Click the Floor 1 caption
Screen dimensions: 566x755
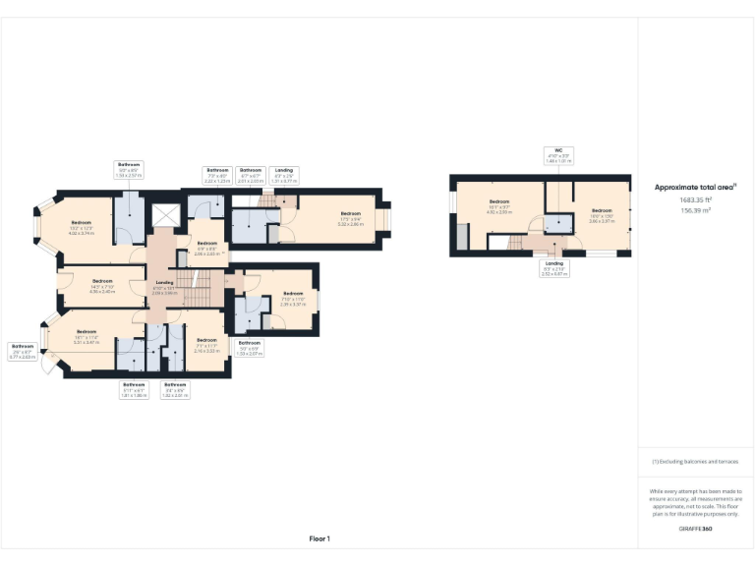tap(319, 538)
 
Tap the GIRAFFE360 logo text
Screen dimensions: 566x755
tap(696, 530)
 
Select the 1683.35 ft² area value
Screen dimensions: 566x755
tap(696, 200)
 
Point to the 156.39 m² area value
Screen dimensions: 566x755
tap(696, 209)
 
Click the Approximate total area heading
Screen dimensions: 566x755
tap(696, 187)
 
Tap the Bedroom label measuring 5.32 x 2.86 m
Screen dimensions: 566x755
tap(350, 219)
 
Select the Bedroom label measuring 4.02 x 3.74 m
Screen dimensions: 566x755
tap(81, 229)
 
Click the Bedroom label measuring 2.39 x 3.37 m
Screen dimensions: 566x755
tap(293, 299)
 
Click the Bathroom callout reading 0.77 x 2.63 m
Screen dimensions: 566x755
tap(23, 351)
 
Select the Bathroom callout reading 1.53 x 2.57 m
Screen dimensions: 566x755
tap(130, 171)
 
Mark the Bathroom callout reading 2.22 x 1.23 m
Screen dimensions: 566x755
tap(216, 176)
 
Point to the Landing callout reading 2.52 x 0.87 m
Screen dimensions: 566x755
tap(554, 269)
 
